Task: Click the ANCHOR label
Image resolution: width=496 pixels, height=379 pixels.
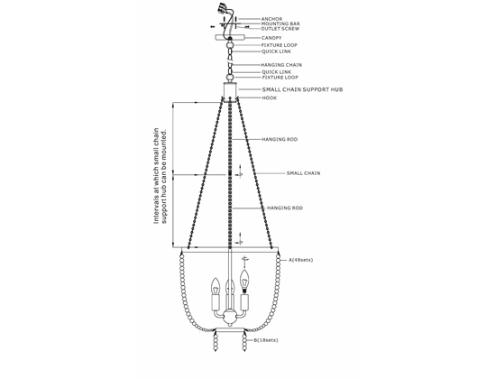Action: [271, 19]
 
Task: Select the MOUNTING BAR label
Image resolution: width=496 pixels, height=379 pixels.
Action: [280, 23]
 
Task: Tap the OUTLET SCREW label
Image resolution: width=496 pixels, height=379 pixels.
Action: [280, 29]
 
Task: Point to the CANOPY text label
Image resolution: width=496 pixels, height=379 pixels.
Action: [271, 38]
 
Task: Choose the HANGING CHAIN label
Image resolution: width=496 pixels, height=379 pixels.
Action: [281, 65]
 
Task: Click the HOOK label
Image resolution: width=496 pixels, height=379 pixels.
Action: [270, 97]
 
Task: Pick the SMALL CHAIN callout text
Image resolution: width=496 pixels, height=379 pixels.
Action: [303, 173]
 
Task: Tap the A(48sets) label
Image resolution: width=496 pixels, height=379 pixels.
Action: [300, 260]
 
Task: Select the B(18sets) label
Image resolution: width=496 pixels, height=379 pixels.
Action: [266, 340]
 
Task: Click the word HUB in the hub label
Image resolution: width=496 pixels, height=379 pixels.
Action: [337, 89]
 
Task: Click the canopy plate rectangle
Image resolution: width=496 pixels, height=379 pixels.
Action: [230, 37]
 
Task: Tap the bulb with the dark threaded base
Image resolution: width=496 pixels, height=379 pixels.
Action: [244, 282]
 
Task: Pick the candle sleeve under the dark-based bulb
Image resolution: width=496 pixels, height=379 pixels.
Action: [244, 302]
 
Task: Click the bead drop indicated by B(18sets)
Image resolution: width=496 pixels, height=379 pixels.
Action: [244, 341]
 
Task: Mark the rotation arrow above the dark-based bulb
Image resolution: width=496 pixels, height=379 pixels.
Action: [244, 259]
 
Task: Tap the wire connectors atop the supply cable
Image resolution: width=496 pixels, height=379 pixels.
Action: [223, 7]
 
